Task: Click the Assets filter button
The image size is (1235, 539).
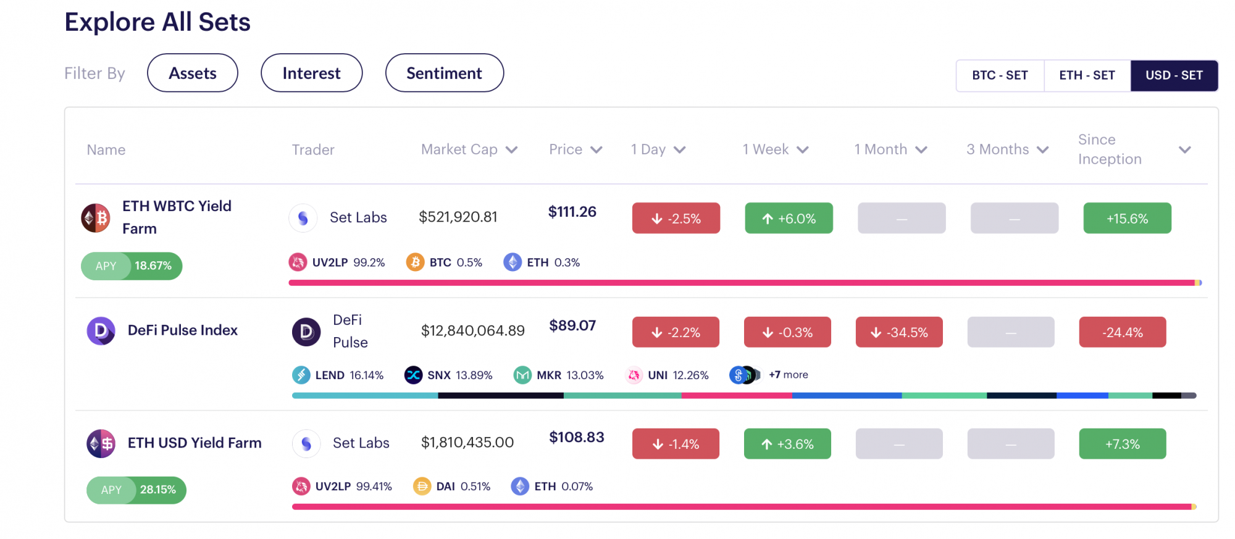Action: pyautogui.click(x=193, y=73)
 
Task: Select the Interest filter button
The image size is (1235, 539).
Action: pyautogui.click(x=312, y=73)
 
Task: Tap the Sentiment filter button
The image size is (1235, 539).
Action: pyautogui.click(x=445, y=73)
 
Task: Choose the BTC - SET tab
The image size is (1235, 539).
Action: pyautogui.click(x=1000, y=75)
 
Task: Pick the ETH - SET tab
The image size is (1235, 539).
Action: pyautogui.click(x=1087, y=75)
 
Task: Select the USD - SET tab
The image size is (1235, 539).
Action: pyautogui.click(x=1174, y=75)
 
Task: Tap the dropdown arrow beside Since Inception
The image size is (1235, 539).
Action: pyautogui.click(x=1184, y=150)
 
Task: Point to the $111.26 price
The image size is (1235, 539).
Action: pyautogui.click(x=572, y=212)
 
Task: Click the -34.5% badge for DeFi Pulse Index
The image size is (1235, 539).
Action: pyautogui.click(x=899, y=332)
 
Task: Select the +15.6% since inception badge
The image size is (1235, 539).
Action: pyautogui.click(x=1128, y=218)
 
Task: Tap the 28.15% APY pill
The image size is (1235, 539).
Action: pyautogui.click(x=136, y=490)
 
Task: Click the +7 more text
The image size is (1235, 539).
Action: pyautogui.click(x=789, y=375)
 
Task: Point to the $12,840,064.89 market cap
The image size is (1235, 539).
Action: pyautogui.click(x=473, y=330)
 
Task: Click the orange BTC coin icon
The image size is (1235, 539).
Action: pyautogui.click(x=416, y=262)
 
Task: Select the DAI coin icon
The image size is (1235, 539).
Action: pyautogui.click(x=422, y=487)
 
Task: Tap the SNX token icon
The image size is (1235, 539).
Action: pyautogui.click(x=414, y=375)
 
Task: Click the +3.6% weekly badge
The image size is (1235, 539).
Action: pyautogui.click(x=787, y=444)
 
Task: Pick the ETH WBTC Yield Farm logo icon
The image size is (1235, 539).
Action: pyautogui.click(x=96, y=218)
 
